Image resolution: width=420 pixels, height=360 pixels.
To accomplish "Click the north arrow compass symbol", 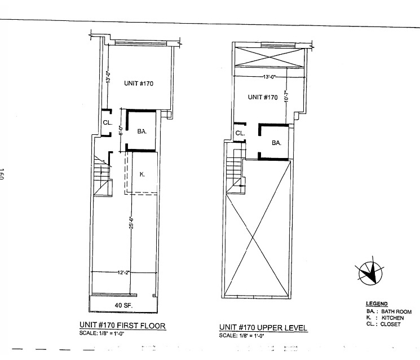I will pyautogui.click(x=369, y=273).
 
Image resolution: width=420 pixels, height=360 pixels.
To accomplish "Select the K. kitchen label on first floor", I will pyautogui.click(x=142, y=175).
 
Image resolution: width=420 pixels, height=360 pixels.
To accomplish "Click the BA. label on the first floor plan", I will pyautogui.click(x=142, y=131).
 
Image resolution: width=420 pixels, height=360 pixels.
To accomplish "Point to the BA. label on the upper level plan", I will pyautogui.click(x=276, y=143).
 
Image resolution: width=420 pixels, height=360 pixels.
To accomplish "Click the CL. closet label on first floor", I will pyautogui.click(x=107, y=122).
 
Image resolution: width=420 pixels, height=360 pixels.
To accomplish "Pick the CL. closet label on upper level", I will pyautogui.click(x=240, y=134).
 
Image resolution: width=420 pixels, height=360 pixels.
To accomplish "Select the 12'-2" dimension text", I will pyautogui.click(x=124, y=273).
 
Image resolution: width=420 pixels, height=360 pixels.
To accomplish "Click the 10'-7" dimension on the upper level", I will pyautogui.click(x=286, y=98).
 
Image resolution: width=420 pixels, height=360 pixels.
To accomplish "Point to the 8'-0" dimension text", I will pyautogui.click(x=120, y=134).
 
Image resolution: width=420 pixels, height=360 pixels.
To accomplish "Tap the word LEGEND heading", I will pyautogui.click(x=377, y=304).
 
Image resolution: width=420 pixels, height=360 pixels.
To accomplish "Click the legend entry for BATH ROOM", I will pyautogui.click(x=388, y=311).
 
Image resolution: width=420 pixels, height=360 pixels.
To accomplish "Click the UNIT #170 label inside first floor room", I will pyautogui.click(x=139, y=83).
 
